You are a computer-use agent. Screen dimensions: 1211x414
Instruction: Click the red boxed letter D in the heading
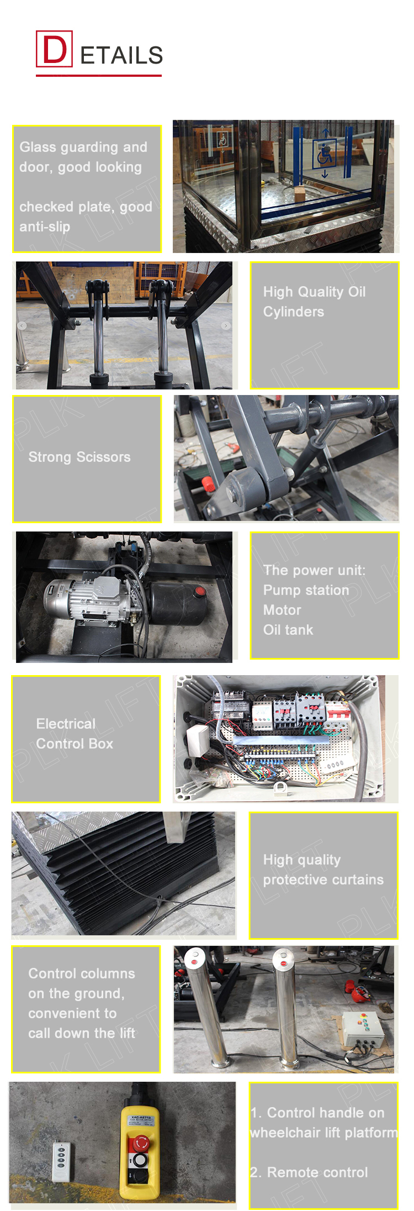click(x=54, y=49)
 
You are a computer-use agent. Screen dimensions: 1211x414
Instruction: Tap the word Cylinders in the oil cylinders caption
click(x=293, y=312)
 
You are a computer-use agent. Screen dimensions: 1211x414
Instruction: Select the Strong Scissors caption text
click(x=79, y=457)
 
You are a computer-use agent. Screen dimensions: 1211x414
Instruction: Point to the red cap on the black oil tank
click(x=200, y=592)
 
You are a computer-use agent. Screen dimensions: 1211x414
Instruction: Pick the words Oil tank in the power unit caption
click(x=288, y=630)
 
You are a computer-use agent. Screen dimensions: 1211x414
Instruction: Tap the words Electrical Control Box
click(x=75, y=734)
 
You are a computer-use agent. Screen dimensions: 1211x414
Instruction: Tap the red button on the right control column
click(x=283, y=963)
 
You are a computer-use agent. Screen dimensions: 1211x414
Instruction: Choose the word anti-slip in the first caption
click(x=45, y=227)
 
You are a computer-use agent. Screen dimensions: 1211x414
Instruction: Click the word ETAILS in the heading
click(x=121, y=55)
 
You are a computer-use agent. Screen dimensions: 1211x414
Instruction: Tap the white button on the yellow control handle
click(x=140, y=1159)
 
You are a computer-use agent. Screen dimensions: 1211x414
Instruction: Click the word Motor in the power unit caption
click(x=282, y=610)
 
